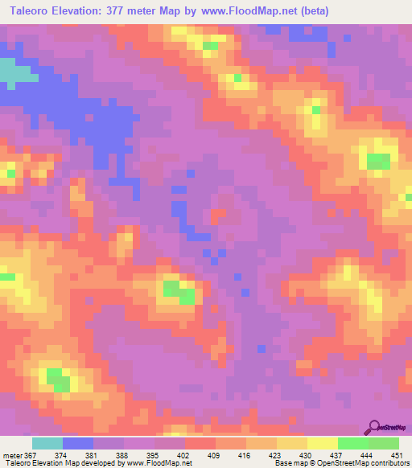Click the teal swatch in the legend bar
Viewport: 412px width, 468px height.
click(47, 443)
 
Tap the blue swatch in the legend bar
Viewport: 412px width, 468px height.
click(78, 443)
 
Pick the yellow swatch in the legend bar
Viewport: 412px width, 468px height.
click(323, 443)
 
